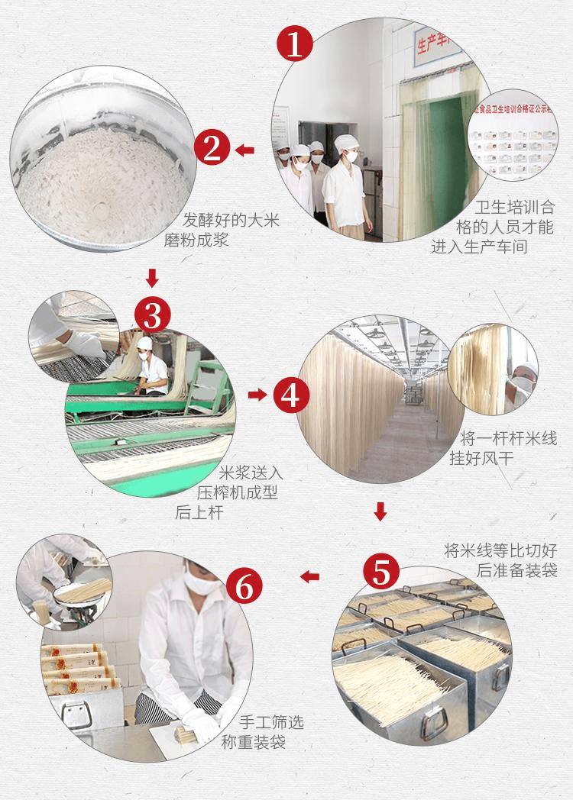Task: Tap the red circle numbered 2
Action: coord(211,149)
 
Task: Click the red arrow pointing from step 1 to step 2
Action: coord(244,150)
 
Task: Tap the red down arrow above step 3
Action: coord(152,276)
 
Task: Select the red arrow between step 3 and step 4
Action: coord(257,395)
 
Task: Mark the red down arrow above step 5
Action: coord(380,511)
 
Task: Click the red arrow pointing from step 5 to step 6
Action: coord(309,576)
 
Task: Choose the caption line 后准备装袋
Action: coord(516,570)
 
